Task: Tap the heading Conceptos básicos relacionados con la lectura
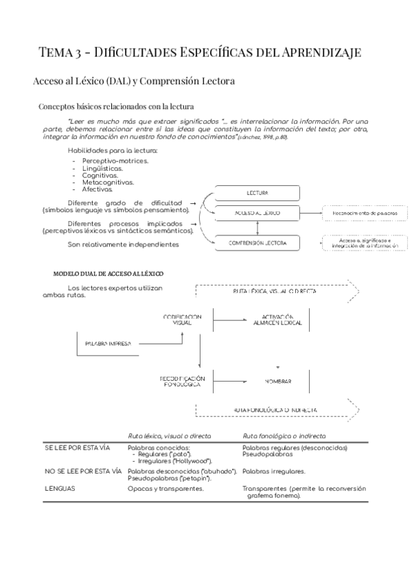pyautogui.click(x=116, y=106)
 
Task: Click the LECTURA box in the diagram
pyautogui.click(x=257, y=194)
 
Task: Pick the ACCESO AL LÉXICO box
pyautogui.click(x=257, y=213)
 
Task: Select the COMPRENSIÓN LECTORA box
pyautogui.click(x=257, y=243)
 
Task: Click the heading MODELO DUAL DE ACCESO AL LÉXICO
pyautogui.click(x=108, y=273)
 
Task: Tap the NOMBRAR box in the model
pyautogui.click(x=277, y=381)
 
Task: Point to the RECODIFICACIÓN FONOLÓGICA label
pyautogui.click(x=182, y=381)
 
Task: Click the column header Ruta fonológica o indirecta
pyautogui.click(x=284, y=436)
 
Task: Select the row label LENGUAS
pyautogui.click(x=60, y=489)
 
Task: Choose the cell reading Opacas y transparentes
pyautogui.click(x=165, y=489)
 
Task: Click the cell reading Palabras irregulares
pyautogui.click(x=274, y=472)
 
